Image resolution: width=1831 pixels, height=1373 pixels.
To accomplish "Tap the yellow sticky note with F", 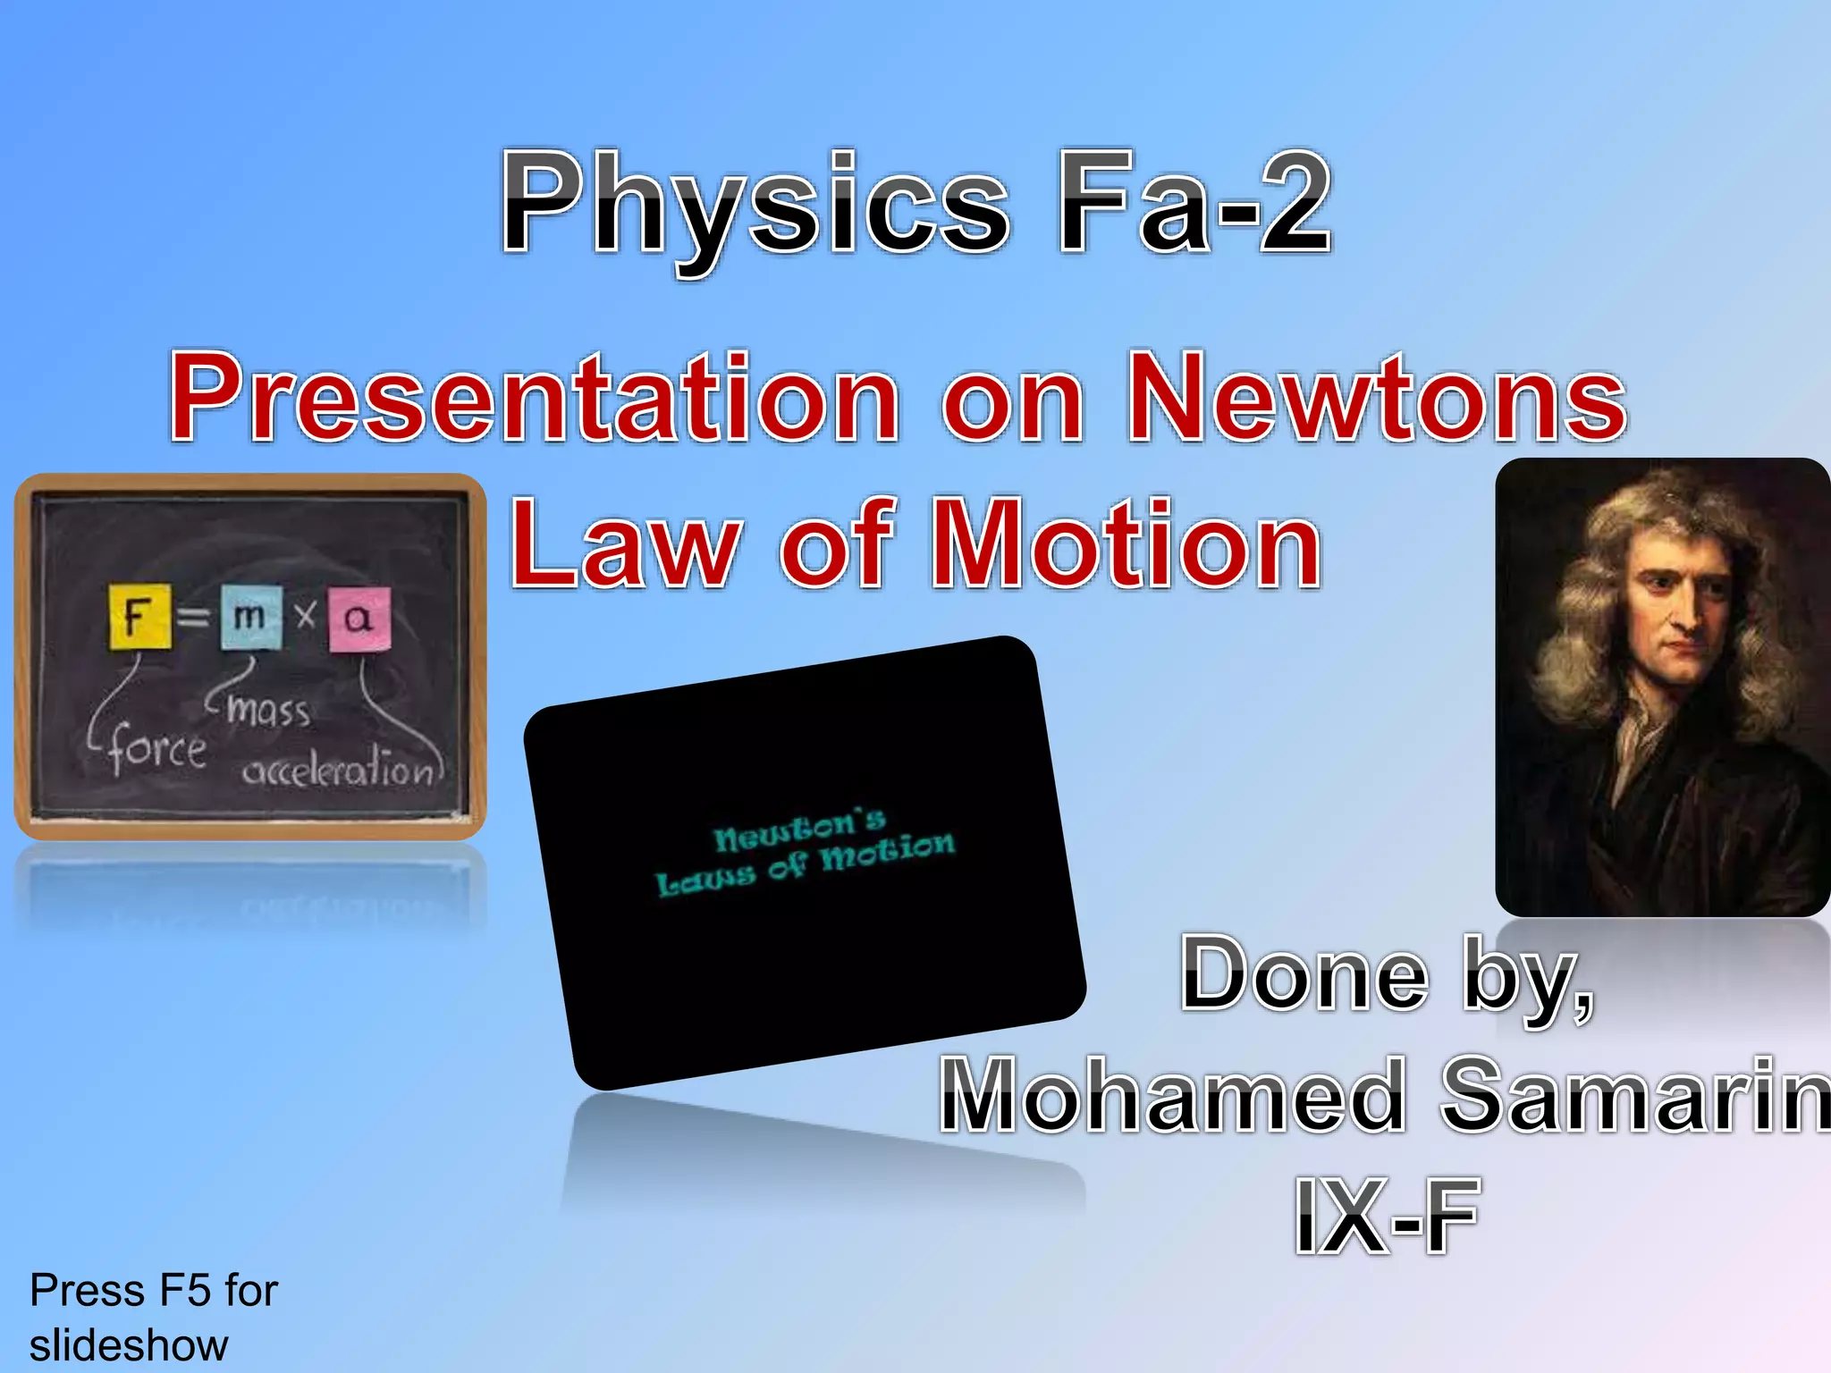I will pos(140,616).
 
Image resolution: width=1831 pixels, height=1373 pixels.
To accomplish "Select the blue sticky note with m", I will pos(250,616).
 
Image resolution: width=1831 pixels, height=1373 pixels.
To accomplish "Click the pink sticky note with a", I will pos(359,619).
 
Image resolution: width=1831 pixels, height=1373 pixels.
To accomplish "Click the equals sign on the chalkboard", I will pos(193,617).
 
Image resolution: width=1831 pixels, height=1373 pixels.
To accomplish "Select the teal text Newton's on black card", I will pos(799,830).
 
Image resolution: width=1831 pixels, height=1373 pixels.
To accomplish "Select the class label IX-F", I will pos(1386,1216).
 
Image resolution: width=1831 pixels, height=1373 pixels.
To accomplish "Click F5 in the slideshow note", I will pos(186,1291).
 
